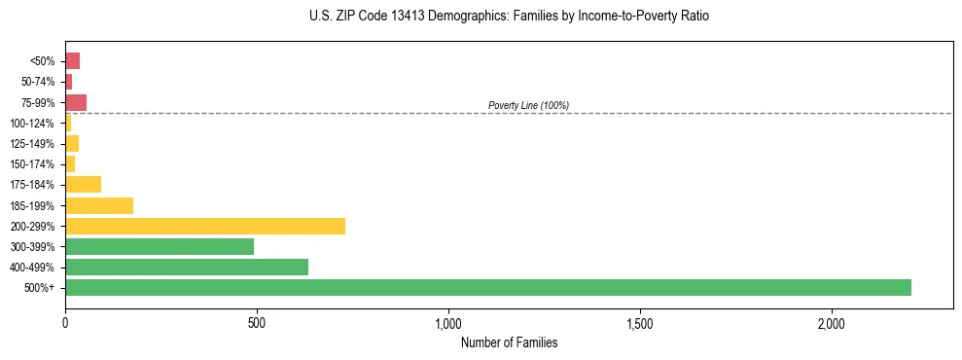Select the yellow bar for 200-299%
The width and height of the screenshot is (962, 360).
pos(205,226)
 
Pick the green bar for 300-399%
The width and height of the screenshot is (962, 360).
pos(160,246)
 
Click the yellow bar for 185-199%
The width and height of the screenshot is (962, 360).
pos(99,205)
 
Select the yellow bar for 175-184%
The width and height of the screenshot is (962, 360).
pos(83,185)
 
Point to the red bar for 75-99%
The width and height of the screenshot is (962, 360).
pos(76,102)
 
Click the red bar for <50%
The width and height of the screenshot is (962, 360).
pos(72,61)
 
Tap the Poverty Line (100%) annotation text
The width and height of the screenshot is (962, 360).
pos(528,105)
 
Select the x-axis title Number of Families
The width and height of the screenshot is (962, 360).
pos(509,342)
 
